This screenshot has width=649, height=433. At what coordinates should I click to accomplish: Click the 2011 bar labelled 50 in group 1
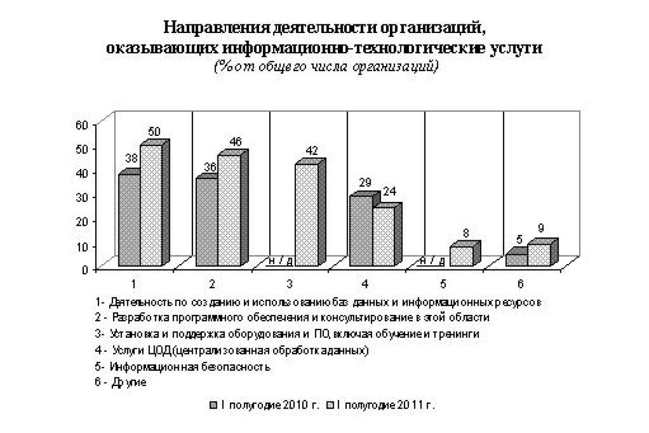point(151,206)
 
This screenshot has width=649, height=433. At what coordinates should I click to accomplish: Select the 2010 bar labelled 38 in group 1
point(129,220)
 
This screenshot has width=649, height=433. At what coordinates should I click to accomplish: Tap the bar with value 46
point(229,211)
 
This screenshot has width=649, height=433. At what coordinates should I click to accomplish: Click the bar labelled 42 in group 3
point(306,215)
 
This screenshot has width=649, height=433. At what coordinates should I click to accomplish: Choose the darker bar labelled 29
point(361,231)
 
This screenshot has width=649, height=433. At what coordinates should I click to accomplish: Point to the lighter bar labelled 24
point(383,237)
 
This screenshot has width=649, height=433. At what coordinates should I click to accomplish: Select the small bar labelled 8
point(461,256)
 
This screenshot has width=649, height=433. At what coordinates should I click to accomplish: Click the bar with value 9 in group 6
point(539,255)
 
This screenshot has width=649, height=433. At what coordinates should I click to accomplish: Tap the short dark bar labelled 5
point(516,260)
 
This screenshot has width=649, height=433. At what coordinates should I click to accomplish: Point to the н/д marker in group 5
point(433,261)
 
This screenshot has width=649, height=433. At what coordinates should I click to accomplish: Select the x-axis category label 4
point(366,283)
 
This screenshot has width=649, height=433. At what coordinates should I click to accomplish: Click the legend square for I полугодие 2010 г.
point(214,405)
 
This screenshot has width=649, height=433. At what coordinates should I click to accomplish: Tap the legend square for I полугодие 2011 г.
point(332,405)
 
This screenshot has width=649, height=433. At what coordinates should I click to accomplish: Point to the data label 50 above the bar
point(154,132)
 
